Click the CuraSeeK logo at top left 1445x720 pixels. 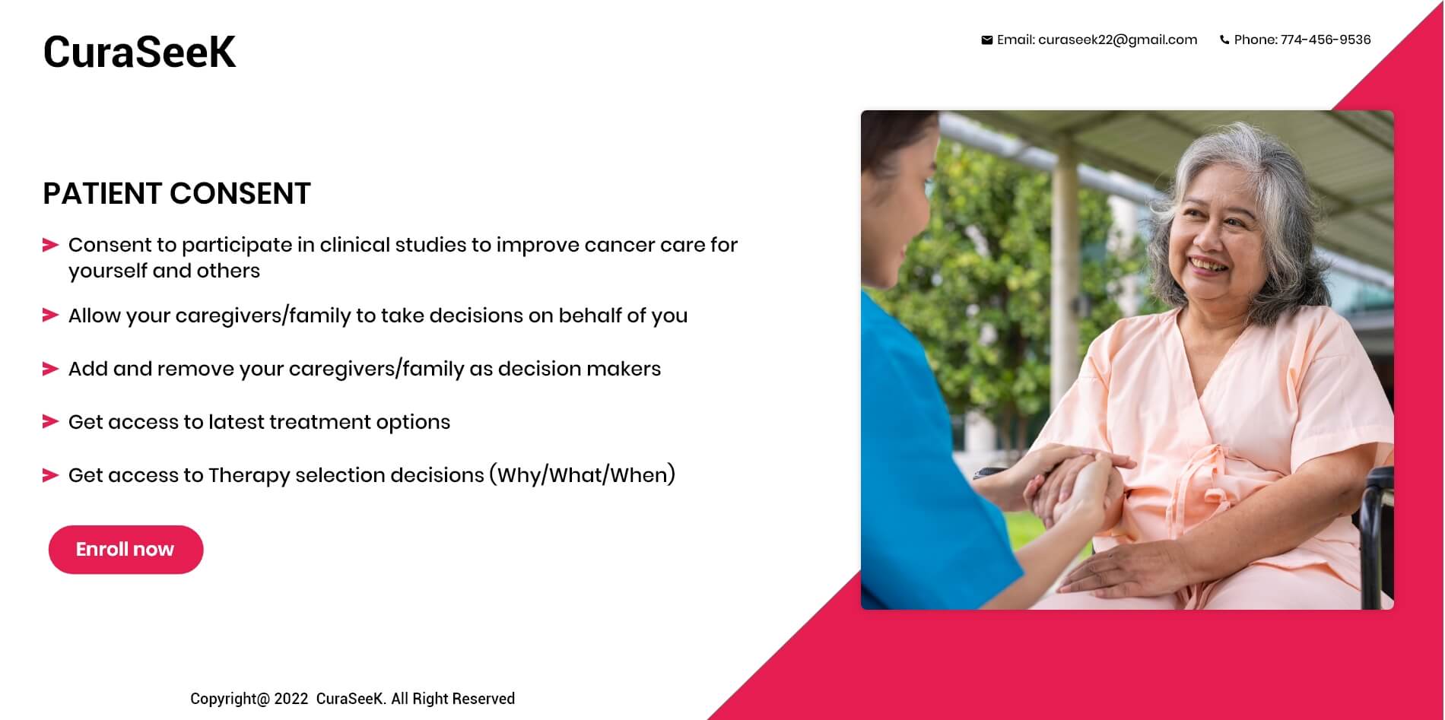139,52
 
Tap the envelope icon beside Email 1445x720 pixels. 986,40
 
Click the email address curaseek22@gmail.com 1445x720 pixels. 1117,40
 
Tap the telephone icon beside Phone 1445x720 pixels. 1224,40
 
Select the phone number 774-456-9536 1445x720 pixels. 1326,40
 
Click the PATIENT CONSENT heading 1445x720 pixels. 176,194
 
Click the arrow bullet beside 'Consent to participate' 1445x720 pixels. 51,245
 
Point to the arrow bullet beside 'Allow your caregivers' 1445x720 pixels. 51,315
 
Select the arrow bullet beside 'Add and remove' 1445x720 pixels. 51,369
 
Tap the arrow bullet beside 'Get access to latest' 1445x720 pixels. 51,421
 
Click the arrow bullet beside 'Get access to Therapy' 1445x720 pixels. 51,475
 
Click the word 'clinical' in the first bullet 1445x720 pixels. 354,245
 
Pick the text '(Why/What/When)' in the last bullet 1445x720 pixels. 582,475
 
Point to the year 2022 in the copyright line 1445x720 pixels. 291,699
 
